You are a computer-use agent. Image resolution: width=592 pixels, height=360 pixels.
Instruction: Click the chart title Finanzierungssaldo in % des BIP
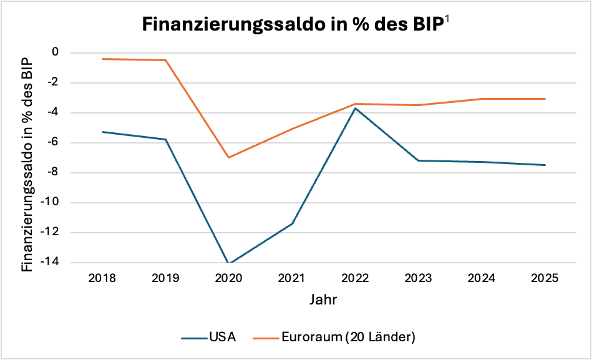[292, 24]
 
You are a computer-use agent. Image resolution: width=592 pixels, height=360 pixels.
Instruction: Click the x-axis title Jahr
[323, 299]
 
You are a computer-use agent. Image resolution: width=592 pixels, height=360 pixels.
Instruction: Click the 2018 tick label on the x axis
[102, 278]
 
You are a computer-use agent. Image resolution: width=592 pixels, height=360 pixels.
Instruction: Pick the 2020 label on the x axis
[228, 278]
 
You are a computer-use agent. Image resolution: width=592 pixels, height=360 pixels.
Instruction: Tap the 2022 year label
[355, 278]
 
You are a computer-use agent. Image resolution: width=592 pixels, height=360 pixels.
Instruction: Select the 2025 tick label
[545, 278]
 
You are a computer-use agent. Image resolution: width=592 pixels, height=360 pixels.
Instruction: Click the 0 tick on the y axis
[55, 52]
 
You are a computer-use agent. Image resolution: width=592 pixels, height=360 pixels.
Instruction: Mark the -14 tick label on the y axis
[50, 263]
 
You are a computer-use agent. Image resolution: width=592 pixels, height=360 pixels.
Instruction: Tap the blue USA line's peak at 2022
[355, 108]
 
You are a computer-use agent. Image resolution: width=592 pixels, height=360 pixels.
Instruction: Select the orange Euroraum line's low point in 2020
[228, 157]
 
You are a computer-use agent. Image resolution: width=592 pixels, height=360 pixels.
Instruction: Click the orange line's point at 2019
[165, 60]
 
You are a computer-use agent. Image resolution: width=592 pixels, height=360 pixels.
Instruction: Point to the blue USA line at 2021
[292, 223]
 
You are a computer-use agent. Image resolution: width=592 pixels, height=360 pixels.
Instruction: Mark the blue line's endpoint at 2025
[545, 165]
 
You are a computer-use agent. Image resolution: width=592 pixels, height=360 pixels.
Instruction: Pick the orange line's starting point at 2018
[102, 59]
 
